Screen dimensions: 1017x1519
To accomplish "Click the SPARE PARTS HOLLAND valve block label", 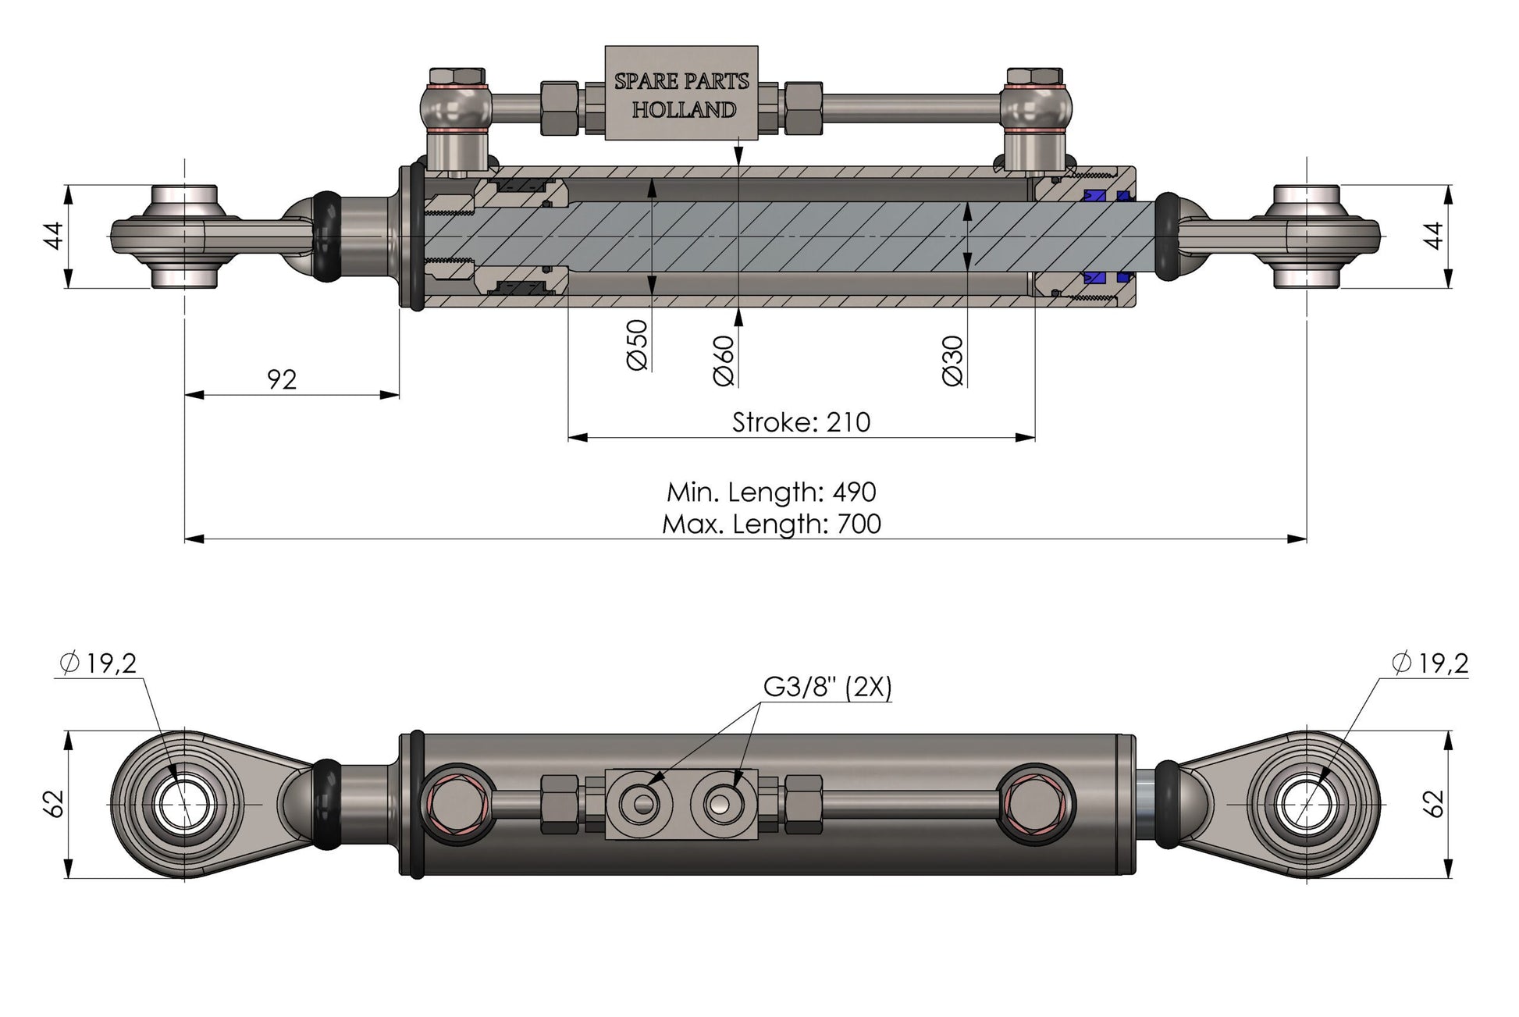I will tap(681, 94).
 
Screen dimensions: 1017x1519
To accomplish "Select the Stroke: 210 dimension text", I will tap(800, 422).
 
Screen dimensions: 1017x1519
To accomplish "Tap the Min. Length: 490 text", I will tap(770, 492).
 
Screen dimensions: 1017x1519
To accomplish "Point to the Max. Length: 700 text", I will tap(770, 523).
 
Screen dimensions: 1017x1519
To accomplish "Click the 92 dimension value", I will tap(282, 379).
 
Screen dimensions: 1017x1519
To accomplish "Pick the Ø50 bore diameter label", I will tap(637, 344).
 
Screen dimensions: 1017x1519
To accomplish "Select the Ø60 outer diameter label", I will tap(724, 360).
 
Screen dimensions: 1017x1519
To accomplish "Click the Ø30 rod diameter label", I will tap(953, 360).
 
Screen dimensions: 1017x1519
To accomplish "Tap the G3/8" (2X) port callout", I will tap(827, 687).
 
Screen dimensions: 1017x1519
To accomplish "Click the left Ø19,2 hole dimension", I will tap(98, 663).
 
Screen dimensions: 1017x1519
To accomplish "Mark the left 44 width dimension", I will tap(53, 236).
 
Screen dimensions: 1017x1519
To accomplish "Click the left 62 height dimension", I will tap(53, 804).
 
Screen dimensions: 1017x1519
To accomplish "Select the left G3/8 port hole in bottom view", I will tap(639, 804).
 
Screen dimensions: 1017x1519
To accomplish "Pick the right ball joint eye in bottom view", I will tap(1307, 804).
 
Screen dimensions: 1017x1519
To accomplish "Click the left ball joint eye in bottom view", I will tap(184, 804).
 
